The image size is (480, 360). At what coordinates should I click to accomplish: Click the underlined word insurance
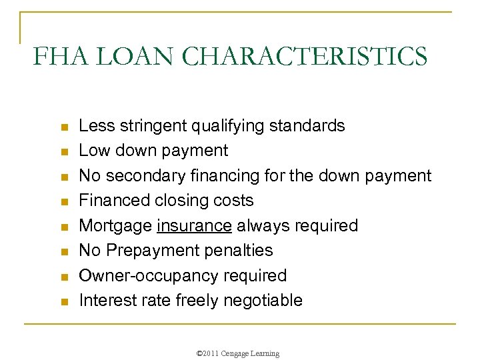pos(195,225)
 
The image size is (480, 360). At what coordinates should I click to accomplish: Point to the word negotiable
pos(263,300)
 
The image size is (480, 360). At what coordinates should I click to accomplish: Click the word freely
pos(197,300)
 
